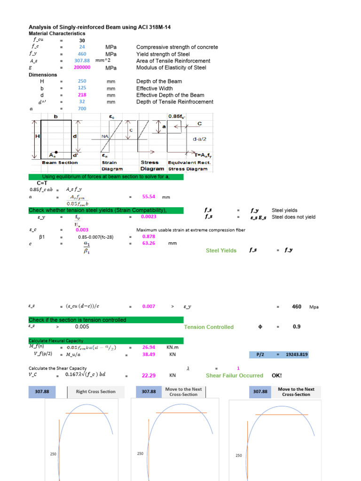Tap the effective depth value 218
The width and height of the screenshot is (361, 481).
pyautogui.click(x=82, y=95)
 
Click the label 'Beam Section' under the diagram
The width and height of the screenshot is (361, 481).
pyautogui.click(x=60, y=163)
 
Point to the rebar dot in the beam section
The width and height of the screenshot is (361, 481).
pyautogui.click(x=57, y=152)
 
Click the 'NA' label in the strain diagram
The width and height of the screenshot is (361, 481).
pyautogui.click(x=105, y=136)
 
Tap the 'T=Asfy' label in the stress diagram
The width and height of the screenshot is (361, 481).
pyautogui.click(x=198, y=155)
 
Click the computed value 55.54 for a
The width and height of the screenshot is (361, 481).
pyautogui.click(x=149, y=197)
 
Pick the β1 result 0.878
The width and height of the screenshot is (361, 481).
pyautogui.click(x=148, y=237)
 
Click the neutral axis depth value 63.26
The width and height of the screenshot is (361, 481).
pyautogui.click(x=149, y=244)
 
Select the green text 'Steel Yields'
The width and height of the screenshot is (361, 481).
pyautogui.click(x=221, y=251)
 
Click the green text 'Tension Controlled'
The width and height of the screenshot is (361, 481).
pyautogui.click(x=209, y=327)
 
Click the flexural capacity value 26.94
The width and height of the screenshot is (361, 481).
pyautogui.click(x=149, y=348)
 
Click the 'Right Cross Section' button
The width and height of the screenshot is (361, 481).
pyautogui.click(x=95, y=392)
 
